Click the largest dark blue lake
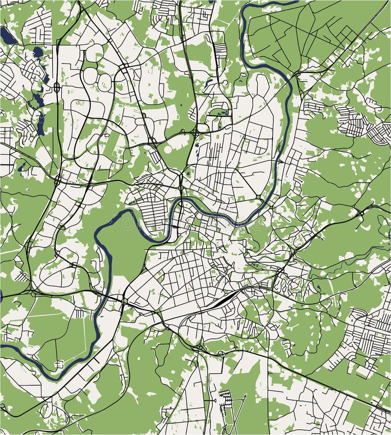pyautogui.click(x=7, y=35)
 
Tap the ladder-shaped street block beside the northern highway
pyautogui.click(x=221, y=49)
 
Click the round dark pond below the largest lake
pyautogui.click(x=37, y=51)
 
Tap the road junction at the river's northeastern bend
pyautogui.click(x=297, y=74)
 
